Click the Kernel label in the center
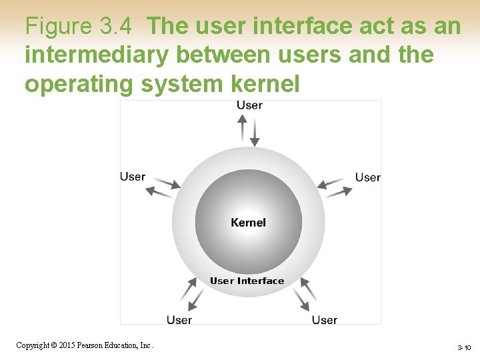[x=248, y=223]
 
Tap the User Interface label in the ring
[x=247, y=281]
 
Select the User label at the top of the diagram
[x=249, y=105]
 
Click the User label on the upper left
[x=132, y=177]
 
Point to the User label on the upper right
[x=367, y=177]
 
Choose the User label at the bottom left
[x=179, y=320]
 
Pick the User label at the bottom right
[x=325, y=320]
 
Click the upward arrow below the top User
[x=243, y=127]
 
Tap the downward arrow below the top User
[x=254, y=133]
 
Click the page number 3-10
[x=464, y=348]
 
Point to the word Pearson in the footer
[x=91, y=345]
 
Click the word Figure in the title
[x=59, y=27]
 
